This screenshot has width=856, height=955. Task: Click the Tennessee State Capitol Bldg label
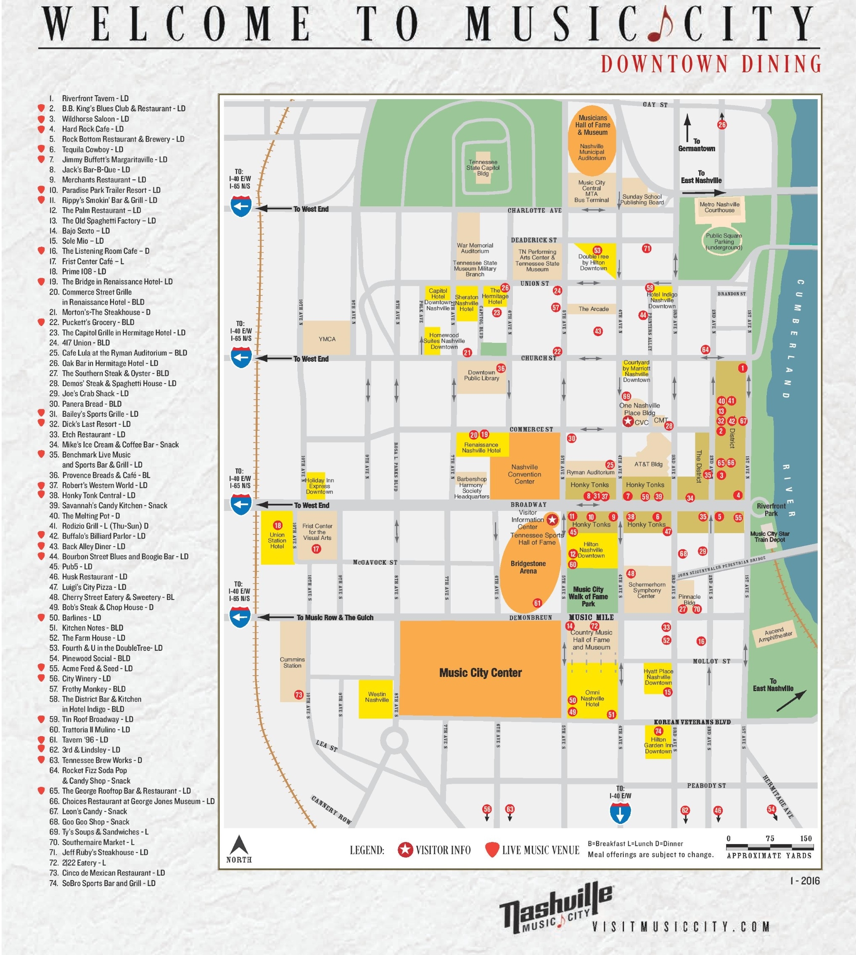tap(483, 168)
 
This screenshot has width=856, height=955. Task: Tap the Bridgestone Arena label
tap(528, 567)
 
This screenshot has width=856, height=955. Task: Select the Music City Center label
tap(480, 673)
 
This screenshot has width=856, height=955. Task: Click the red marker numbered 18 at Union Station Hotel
tap(277, 526)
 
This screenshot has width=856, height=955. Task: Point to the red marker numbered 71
tap(647, 248)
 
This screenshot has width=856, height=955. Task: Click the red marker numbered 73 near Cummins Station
tap(299, 695)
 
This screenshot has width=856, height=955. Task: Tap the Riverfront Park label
tap(771, 510)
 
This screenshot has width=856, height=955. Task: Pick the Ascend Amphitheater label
tap(775, 634)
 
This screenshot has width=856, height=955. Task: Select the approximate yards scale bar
tap(769, 847)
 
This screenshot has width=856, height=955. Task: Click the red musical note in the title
tap(660, 25)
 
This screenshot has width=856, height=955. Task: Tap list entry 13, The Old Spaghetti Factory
tap(108, 221)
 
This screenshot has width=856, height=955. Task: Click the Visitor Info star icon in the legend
tap(405, 850)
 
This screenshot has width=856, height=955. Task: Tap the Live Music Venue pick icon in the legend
tap(492, 850)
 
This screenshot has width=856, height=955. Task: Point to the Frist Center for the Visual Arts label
tap(317, 532)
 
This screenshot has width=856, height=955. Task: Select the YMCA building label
tap(327, 339)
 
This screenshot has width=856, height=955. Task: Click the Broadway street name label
tap(528, 504)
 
